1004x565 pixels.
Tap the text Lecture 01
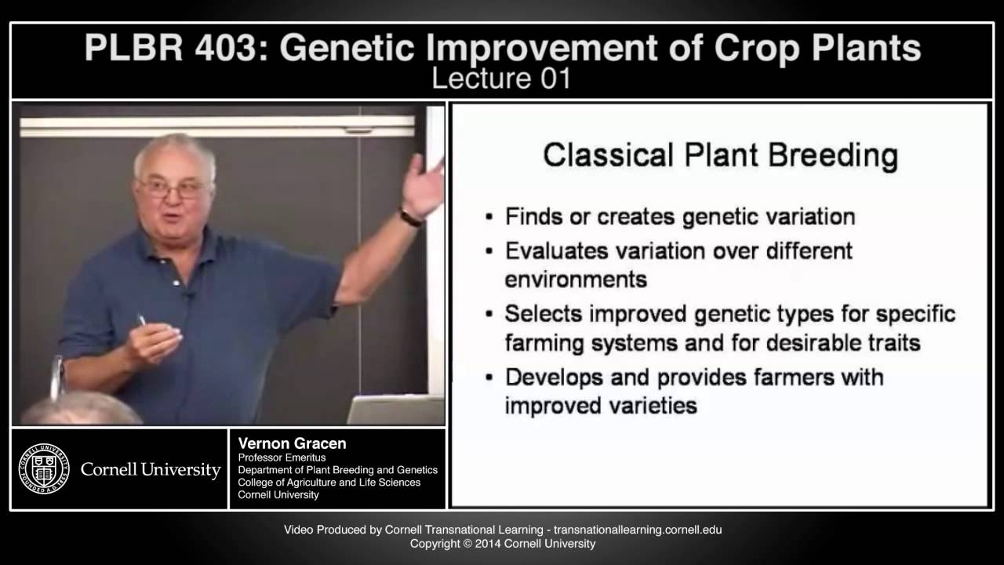click(502, 78)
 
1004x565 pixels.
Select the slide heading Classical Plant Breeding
click(720, 155)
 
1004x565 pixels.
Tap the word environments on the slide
click(575, 279)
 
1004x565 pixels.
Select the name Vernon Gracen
click(292, 444)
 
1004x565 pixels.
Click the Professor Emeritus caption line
click(282, 457)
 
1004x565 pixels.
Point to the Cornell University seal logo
click(44, 469)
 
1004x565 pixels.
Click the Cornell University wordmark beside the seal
click(151, 470)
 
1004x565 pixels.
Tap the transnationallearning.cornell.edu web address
click(638, 530)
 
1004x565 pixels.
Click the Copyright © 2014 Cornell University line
click(503, 543)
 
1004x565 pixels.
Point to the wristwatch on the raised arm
click(411, 217)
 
